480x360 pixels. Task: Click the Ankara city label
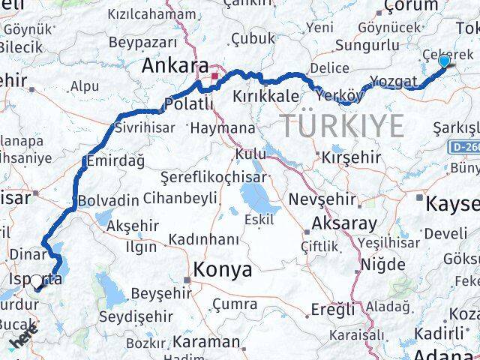175,67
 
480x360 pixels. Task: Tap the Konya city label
223,270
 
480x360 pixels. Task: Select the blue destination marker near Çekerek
444,61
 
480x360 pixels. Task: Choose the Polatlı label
184,103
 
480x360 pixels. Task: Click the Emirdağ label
113,159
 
